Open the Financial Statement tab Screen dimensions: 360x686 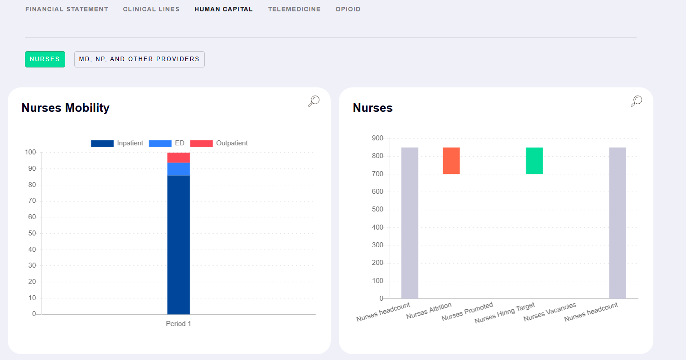[x=67, y=9]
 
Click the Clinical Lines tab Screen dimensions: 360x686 [x=151, y=9]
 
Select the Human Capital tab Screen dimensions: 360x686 [x=223, y=9]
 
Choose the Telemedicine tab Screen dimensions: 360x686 [x=294, y=9]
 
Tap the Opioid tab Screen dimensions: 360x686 [x=348, y=9]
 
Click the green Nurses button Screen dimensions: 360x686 [x=45, y=59]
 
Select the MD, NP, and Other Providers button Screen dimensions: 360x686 [x=139, y=59]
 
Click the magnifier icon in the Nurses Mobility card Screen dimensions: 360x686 [x=314, y=101]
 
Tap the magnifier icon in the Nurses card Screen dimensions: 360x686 [x=636, y=101]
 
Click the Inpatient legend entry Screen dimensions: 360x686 [x=117, y=143]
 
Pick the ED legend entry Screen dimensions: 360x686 [x=167, y=143]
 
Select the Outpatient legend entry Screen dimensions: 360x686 [x=219, y=143]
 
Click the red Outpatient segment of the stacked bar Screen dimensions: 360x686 [x=179, y=158]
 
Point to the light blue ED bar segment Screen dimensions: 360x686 [x=179, y=169]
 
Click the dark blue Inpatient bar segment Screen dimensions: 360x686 [x=179, y=245]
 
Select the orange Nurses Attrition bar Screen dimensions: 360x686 [x=451, y=160]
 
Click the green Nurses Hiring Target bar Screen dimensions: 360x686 [x=534, y=160]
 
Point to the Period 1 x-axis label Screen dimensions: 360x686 [x=179, y=324]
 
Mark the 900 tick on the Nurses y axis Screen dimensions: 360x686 [x=377, y=138]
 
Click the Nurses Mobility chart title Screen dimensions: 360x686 [x=66, y=108]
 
